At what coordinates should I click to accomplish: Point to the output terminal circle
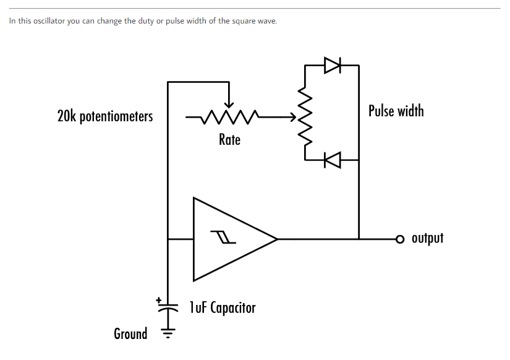tap(400, 239)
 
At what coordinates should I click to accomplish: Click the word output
tap(427, 238)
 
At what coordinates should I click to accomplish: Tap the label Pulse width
tap(396, 111)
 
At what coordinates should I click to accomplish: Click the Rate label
tap(229, 140)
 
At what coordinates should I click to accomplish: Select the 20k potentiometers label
tap(105, 116)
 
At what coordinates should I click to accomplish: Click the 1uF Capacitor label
tap(223, 307)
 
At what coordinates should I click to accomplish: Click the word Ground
tap(130, 334)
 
